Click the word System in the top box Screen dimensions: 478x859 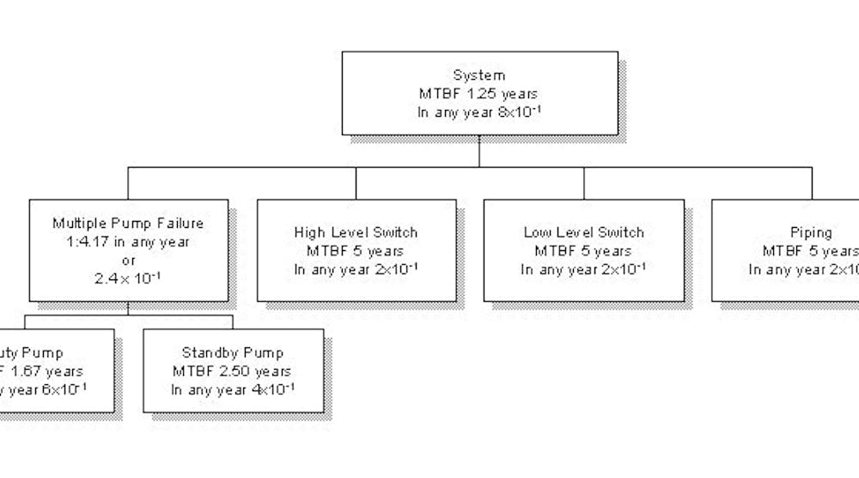479,75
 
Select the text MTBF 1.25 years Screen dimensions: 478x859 479,93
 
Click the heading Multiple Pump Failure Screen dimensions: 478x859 127,224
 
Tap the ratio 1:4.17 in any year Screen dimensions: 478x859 127,242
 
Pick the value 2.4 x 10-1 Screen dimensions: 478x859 127,278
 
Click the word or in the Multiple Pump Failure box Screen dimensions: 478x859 127,260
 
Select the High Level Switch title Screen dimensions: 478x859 356,233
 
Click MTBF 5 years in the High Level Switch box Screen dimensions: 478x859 356,251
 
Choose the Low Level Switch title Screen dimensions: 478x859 583,233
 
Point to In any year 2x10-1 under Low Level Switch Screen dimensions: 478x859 583,269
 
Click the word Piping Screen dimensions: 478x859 811,233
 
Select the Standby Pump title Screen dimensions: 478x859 233,353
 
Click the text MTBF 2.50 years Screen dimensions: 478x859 233,371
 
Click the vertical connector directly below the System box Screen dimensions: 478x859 479,152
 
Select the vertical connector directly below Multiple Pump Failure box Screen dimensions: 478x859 127,308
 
